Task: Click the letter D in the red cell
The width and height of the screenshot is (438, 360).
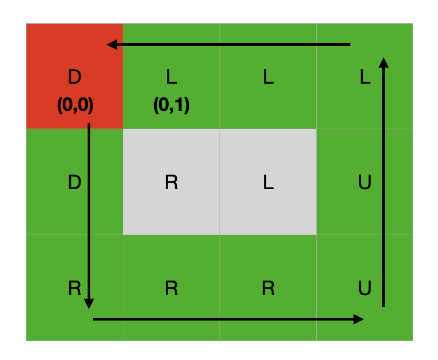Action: (75, 78)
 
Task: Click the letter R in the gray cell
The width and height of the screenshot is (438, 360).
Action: (171, 183)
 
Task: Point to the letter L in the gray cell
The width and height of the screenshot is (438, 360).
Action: (268, 183)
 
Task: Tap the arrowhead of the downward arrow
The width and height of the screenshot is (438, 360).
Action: (89, 304)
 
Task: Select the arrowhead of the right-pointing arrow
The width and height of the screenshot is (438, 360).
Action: (359, 319)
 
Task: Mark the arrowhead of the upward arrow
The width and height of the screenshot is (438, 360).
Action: (384, 62)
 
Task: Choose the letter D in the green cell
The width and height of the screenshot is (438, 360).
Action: (75, 183)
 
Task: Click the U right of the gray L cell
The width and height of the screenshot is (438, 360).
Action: (365, 183)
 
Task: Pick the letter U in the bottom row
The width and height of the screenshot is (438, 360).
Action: (365, 289)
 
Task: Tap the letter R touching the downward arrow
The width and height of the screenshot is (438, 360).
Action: (75, 289)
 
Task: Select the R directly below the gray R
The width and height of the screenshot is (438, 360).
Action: (171, 289)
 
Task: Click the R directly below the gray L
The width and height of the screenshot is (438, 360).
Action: (268, 289)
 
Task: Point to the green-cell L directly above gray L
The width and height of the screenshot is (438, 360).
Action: (268, 78)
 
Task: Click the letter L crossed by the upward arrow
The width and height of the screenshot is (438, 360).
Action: (365, 78)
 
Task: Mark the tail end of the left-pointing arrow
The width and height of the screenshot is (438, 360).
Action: (350, 44)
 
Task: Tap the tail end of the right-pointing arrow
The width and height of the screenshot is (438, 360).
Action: (94, 319)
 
